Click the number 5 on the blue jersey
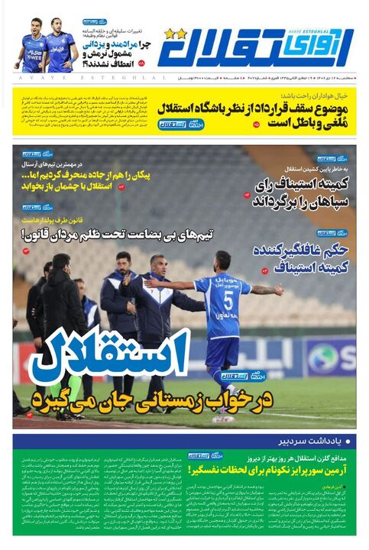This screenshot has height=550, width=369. pyautogui.click(x=228, y=299)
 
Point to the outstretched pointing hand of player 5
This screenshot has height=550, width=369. pyautogui.click(x=148, y=283)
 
